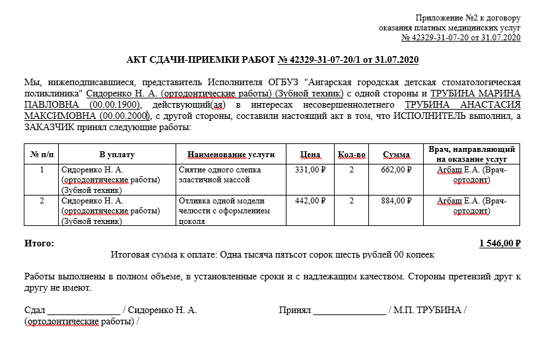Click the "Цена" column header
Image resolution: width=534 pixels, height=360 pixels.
point(310,155)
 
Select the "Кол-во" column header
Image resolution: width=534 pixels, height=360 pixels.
point(351,155)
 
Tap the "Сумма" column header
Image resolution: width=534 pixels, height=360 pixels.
point(396,155)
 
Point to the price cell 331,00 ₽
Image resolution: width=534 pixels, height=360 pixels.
point(310,170)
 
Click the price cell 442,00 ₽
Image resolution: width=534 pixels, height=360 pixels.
point(310,201)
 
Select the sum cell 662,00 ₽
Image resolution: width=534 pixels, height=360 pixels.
point(396,170)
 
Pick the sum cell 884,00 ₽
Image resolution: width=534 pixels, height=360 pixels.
point(396,201)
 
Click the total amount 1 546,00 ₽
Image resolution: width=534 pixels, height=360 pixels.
point(500,243)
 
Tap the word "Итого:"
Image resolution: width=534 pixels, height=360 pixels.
point(40,243)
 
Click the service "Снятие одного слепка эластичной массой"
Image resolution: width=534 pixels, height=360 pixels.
point(220,175)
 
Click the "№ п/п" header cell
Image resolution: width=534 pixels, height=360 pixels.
point(42,155)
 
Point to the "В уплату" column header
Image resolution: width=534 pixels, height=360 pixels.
point(117,155)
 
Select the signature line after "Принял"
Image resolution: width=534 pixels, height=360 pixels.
point(349,310)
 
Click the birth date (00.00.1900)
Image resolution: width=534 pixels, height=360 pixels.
point(116,105)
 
